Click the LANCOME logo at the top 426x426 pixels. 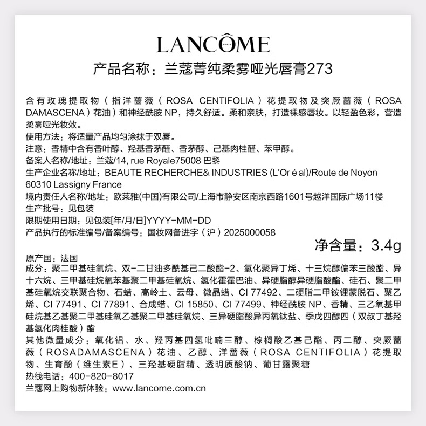tap(213, 44)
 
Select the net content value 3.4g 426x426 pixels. tap(387, 245)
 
